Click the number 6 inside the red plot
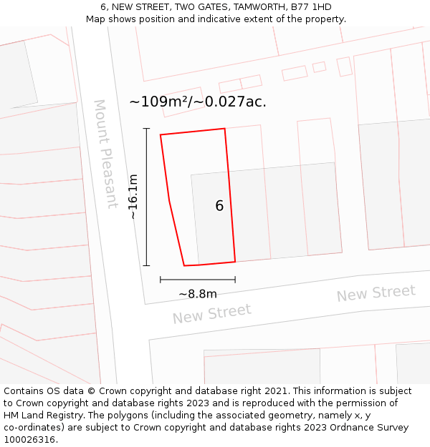(x=219, y=206)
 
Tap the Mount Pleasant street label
(x=106, y=154)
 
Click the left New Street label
(x=211, y=313)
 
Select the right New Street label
(x=376, y=293)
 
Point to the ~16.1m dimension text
(x=133, y=196)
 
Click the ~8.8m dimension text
(x=198, y=294)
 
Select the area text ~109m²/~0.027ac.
(x=198, y=102)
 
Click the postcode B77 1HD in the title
(x=307, y=7)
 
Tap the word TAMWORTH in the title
(x=244, y=7)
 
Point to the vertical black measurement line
(x=146, y=197)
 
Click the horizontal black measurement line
(x=198, y=280)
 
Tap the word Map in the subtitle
(x=97, y=19)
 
